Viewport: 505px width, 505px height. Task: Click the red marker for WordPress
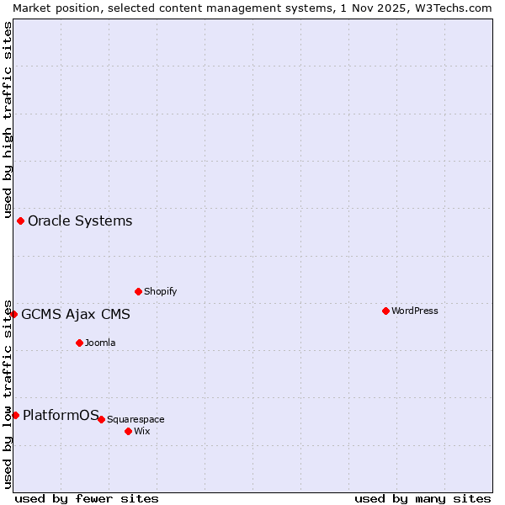[385, 311]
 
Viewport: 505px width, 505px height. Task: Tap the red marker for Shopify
[138, 291]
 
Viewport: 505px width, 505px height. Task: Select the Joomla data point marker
[79, 343]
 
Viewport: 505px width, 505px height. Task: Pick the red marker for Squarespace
[101, 419]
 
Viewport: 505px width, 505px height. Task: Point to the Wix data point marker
[128, 431]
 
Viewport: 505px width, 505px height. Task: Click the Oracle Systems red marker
[20, 221]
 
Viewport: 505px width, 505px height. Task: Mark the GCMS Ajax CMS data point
[13, 314]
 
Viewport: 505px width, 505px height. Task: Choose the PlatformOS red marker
[15, 415]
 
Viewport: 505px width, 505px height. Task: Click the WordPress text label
[415, 311]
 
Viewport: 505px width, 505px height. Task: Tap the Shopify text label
[160, 291]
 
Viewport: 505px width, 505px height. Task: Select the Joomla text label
[100, 343]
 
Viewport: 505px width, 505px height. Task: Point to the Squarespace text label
[136, 419]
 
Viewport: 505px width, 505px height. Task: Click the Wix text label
[142, 431]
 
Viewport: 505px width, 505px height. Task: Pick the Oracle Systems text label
[80, 221]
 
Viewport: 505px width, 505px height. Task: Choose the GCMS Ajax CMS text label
[76, 314]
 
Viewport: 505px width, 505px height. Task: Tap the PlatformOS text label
[61, 415]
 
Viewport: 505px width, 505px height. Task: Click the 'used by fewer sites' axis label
[87, 498]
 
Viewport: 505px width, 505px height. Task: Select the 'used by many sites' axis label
[423, 498]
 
